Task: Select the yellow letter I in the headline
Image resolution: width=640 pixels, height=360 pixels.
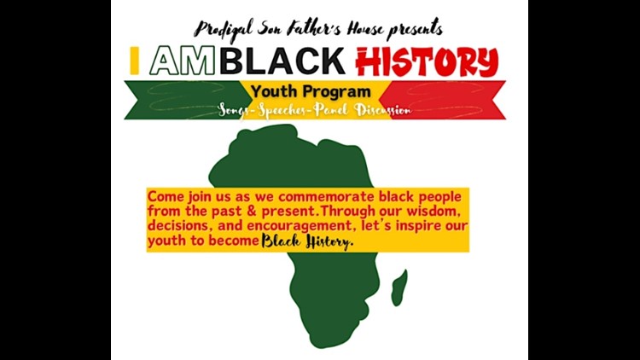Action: point(135,61)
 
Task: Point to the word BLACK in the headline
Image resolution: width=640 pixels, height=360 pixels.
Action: point(270,61)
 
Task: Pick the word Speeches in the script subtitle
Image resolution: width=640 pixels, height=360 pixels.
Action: point(283,110)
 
